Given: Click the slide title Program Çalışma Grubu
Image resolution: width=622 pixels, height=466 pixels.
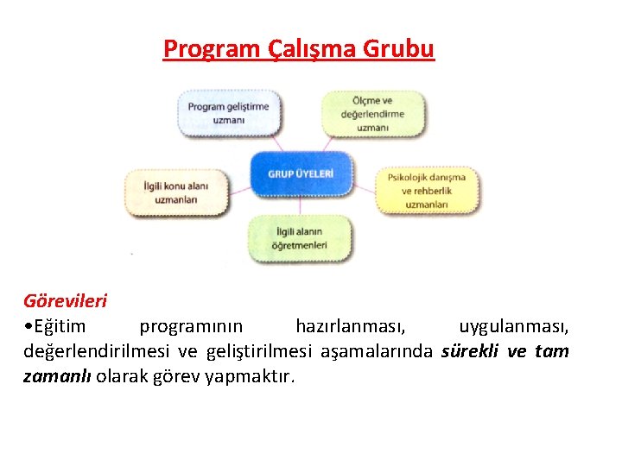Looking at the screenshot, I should [299, 49].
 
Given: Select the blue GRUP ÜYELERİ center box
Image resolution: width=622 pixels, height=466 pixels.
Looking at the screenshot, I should [301, 173].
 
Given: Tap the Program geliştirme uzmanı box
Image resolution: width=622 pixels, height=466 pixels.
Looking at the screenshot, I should [229, 113].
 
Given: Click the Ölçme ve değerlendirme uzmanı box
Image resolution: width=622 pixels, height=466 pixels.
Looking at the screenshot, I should [373, 114].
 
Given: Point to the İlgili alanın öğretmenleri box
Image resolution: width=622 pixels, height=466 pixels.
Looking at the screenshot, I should [300, 238].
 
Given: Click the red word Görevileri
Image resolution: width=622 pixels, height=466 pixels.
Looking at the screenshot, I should [65, 301].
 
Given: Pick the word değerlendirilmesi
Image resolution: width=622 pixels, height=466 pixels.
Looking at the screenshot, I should [97, 351].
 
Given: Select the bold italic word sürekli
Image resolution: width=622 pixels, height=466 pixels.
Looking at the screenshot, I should [471, 351].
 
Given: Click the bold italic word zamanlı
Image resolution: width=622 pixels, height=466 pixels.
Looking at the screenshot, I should [57, 376].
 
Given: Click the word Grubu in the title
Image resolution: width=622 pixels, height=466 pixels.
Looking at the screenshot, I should [398, 49].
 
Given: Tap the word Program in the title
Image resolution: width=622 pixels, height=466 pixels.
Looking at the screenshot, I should [205, 49].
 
